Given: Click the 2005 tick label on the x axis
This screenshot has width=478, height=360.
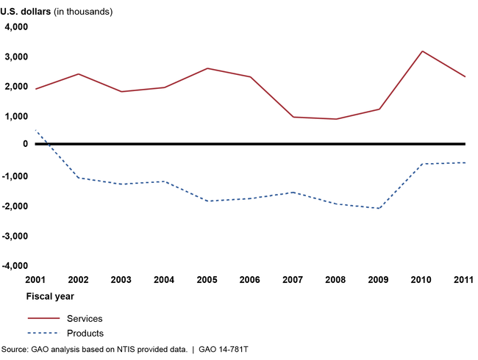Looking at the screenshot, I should tap(207, 280).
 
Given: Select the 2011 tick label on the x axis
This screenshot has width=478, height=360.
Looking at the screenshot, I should tap(463, 280).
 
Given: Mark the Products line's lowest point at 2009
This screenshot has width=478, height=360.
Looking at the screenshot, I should tap(379, 209).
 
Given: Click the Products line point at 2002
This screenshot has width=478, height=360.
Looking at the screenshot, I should tap(78, 178).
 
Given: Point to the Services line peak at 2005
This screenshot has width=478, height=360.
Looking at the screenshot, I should tap(207, 68).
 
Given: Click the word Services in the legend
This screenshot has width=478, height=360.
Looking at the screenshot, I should tap(85, 318).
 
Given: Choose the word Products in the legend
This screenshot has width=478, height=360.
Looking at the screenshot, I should tap(85, 333).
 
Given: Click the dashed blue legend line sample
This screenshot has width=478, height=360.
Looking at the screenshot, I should tap(43, 333).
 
